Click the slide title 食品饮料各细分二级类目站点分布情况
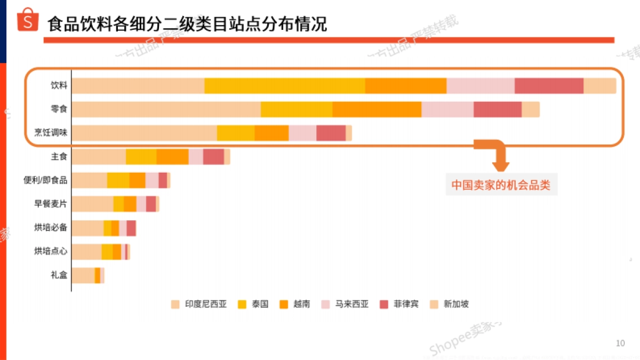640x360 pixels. coord(187,24)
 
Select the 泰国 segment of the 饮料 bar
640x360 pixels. coord(284,85)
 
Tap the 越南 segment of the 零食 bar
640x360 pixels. coord(377,109)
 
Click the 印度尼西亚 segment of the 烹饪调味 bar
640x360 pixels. coord(144,133)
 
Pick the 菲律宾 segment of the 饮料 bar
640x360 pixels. coord(549,85)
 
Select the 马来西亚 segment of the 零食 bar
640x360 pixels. coord(447,109)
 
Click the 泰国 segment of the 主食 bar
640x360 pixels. coord(141,157)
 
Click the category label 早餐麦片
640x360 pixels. coord(51,203)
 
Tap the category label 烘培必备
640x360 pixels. coord(51,228)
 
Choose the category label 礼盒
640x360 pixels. coord(59,275)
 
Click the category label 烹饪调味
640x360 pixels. coord(51,133)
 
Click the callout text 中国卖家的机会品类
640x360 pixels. coord(501,185)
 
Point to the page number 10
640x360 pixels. coord(620,343)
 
